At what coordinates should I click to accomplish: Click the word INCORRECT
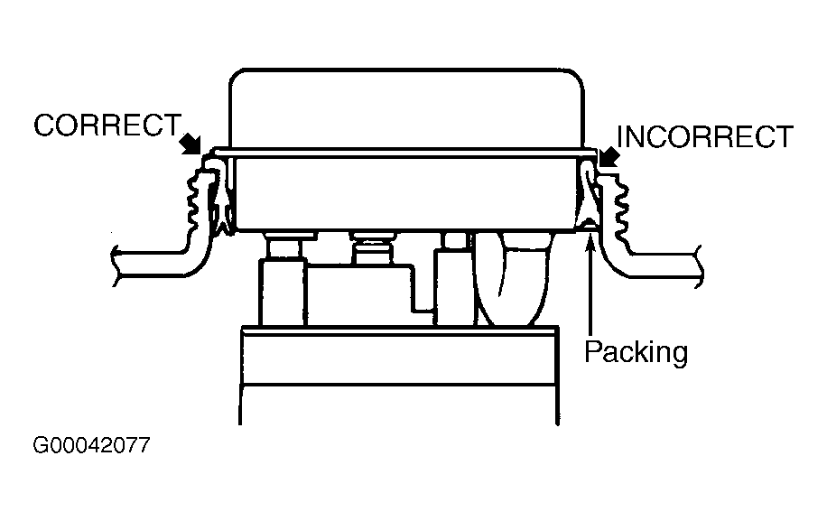click(704, 137)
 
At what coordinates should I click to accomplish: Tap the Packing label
click(636, 351)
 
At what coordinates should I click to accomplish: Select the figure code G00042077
click(91, 446)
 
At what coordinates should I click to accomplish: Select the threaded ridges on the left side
click(193, 204)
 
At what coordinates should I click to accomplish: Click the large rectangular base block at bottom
click(397, 375)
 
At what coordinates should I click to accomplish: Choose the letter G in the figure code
click(41, 446)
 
